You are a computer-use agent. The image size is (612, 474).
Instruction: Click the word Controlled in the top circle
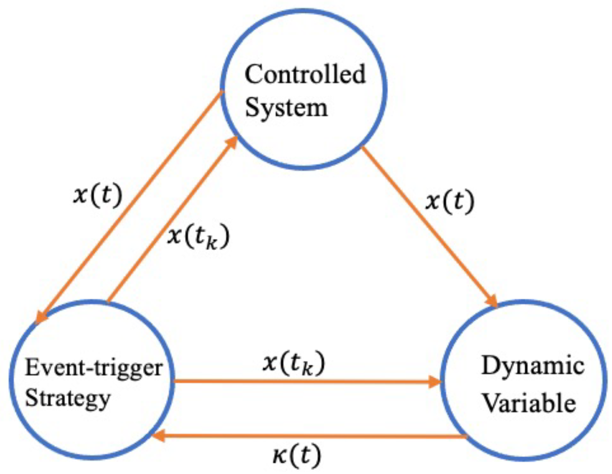305,74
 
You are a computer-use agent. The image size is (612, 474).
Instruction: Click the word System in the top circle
286,108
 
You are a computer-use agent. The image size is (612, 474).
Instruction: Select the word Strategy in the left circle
67,398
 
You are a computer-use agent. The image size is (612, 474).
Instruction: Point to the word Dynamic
533,366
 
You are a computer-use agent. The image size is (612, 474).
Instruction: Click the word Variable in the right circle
529,403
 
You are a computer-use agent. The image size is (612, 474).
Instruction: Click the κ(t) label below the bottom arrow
297,455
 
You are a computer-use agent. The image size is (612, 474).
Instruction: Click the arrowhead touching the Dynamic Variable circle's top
492,301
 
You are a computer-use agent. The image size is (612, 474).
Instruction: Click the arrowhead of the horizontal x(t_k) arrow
435,381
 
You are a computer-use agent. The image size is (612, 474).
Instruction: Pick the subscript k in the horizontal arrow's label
308,369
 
